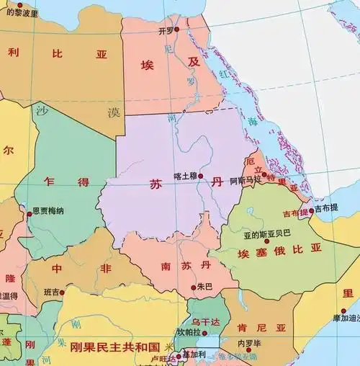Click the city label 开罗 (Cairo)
coord(165,32)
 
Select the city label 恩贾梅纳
coord(48,211)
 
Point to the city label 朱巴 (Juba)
coord(204,287)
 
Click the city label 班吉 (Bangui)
coord(53,292)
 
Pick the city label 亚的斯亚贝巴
coord(267,233)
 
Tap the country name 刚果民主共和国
coord(118,347)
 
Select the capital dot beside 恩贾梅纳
coord(30,213)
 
